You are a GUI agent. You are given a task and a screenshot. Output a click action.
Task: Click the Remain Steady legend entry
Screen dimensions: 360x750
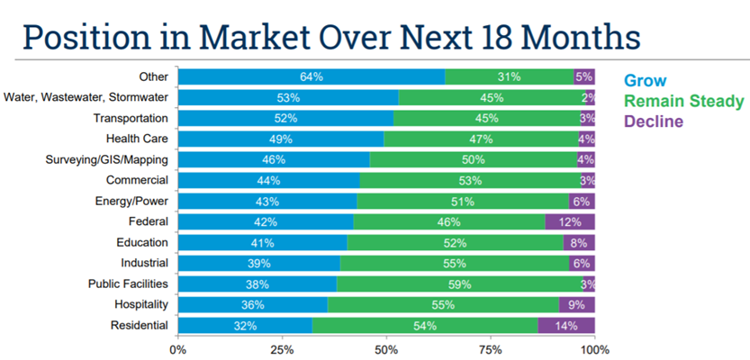point(683,100)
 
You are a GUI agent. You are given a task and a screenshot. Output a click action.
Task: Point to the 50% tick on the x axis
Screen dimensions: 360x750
point(386,347)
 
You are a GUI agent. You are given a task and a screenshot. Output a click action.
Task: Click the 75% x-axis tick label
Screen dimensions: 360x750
point(491,347)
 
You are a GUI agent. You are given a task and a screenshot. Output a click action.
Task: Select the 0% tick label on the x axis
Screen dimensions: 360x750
point(178,347)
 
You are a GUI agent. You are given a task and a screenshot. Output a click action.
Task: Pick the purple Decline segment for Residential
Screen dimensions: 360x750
point(566,325)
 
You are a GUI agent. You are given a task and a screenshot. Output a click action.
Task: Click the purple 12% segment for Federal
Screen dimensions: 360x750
point(570,221)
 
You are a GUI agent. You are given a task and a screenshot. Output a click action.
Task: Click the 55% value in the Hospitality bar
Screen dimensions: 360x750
point(442,304)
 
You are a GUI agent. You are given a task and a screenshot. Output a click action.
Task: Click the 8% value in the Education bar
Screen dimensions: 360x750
point(579,242)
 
